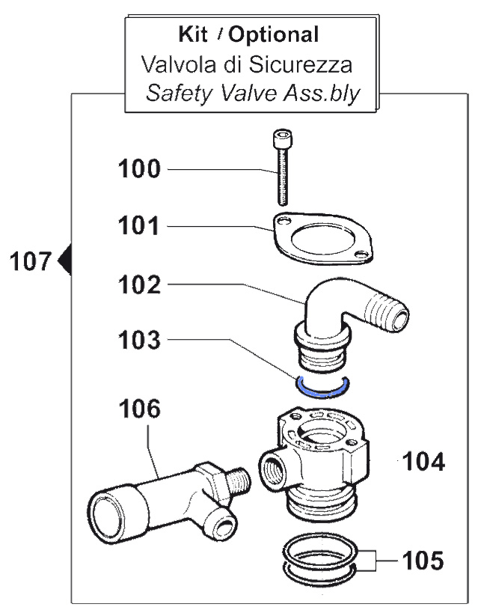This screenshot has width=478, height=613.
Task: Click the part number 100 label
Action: tap(138, 169)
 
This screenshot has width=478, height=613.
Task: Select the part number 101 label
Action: tap(138, 225)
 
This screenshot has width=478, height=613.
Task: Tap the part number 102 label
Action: tap(138, 284)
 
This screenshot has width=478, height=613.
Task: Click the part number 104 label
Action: tap(423, 462)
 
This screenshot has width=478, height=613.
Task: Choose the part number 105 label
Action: tap(423, 559)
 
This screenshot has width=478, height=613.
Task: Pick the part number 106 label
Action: tap(138, 409)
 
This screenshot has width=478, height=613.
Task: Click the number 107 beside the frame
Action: tap(31, 262)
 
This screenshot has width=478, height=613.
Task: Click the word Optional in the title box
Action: tap(274, 34)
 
